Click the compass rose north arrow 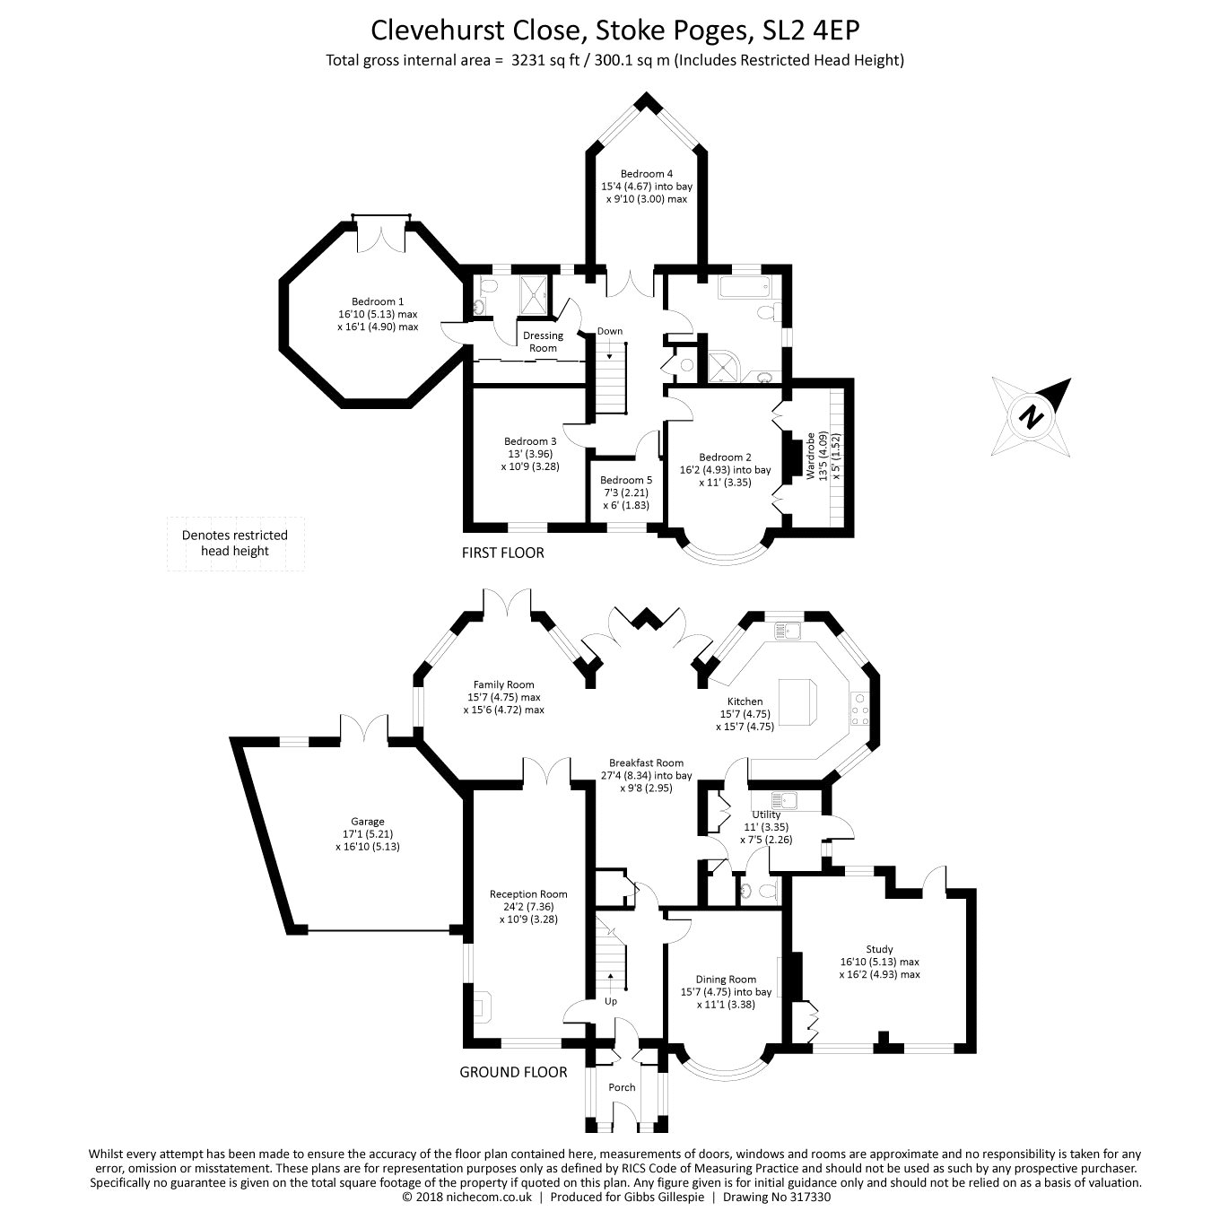click(1033, 416)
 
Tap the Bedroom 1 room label click(377, 301)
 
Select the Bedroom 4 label click(646, 174)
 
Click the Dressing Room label click(543, 341)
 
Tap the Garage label click(367, 821)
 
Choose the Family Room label click(503, 684)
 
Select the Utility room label click(766, 815)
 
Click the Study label click(879, 949)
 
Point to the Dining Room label click(726, 980)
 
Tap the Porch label click(622, 1087)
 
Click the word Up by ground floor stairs click(611, 1001)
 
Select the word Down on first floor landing click(610, 331)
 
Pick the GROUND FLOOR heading click(513, 1072)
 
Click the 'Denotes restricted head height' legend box click(235, 544)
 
